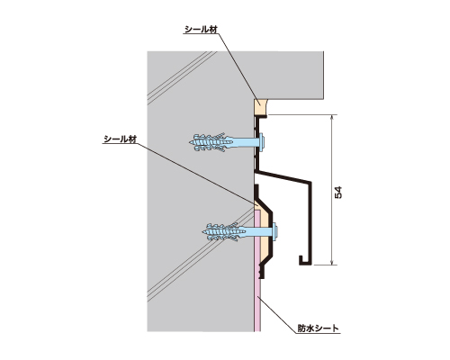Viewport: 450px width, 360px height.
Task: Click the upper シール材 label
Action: (x=201, y=30)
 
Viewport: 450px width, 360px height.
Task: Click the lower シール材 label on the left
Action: (x=120, y=139)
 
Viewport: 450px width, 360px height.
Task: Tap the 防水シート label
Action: (x=318, y=328)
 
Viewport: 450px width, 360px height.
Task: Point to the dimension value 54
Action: (x=338, y=193)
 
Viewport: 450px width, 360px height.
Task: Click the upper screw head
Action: (x=262, y=140)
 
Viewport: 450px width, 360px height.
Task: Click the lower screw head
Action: (x=275, y=231)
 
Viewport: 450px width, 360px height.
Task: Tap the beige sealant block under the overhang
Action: (x=260, y=107)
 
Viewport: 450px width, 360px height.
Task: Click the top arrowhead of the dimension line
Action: (x=331, y=118)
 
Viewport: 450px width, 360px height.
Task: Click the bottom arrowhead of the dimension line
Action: (x=331, y=262)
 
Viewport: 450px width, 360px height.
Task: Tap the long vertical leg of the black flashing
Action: (x=310, y=223)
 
